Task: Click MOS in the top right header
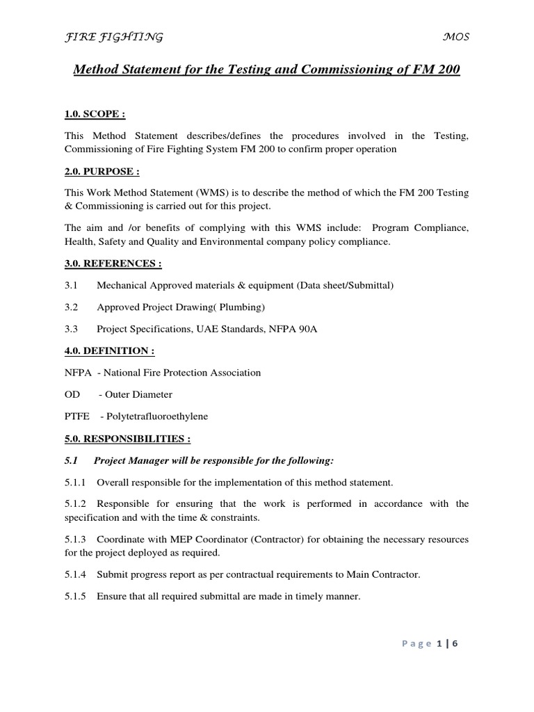pos(456,37)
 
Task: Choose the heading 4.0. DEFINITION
pos(109,351)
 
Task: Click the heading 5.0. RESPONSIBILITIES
pos(127,439)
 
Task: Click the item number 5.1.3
pos(75,539)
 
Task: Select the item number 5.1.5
pos(75,596)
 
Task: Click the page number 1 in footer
pos(439,644)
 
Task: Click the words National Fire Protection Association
pos(186,372)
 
